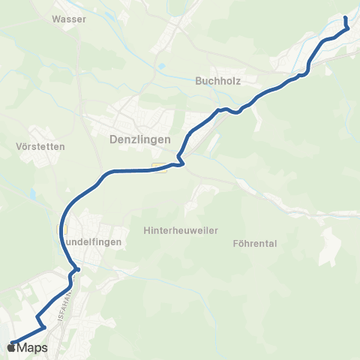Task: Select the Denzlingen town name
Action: (x=140, y=139)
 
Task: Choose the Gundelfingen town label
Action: (x=91, y=242)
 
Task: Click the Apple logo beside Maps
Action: (x=11, y=347)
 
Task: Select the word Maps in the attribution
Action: (x=32, y=347)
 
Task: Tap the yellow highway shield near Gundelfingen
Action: (x=65, y=229)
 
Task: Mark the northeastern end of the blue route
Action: (x=345, y=17)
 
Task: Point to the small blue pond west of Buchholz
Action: (x=161, y=66)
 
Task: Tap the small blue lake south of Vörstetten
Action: (x=34, y=194)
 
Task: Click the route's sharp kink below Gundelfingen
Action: (x=77, y=269)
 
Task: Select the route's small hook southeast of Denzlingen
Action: (x=179, y=163)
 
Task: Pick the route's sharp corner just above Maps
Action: (x=44, y=327)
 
